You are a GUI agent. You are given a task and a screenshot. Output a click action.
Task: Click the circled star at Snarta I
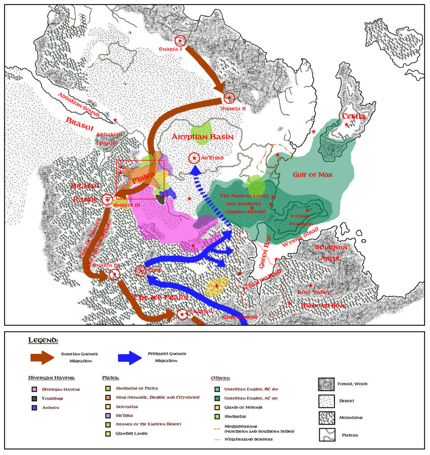pos(180,41)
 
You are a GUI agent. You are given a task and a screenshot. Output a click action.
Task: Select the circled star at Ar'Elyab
pos(194,158)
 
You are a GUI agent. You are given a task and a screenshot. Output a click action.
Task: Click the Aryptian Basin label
pos(202,137)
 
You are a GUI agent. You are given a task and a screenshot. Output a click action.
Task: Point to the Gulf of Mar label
pos(313,175)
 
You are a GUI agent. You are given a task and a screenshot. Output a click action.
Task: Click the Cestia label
pos(354,116)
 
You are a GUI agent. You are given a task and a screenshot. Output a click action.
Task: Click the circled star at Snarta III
pos(107,200)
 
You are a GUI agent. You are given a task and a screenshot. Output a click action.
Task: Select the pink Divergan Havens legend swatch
pos(34,390)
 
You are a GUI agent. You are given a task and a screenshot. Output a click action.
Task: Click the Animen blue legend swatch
pos(34,407)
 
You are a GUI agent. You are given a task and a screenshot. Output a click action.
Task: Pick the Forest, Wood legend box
pos(327,384)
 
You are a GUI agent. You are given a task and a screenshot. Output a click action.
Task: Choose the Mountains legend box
pos(327,418)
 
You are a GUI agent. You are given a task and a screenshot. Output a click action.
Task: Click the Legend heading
pos(43,340)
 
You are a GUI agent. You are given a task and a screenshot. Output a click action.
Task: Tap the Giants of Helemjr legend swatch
pos(217,407)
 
